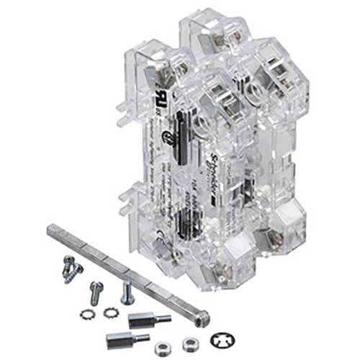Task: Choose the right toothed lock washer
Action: click(x=110, y=312)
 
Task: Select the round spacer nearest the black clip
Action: click(x=191, y=343)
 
